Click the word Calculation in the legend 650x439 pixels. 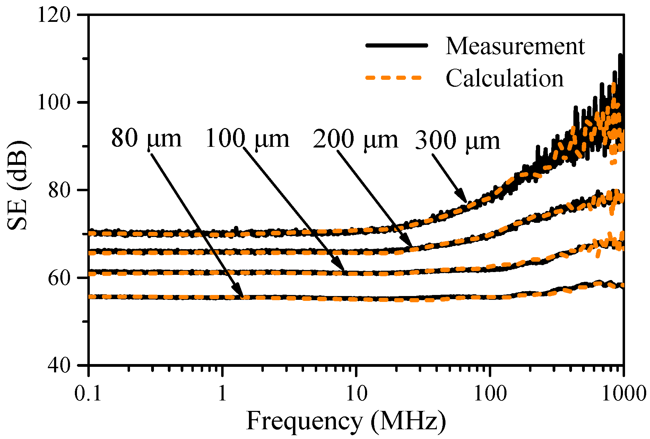(504, 78)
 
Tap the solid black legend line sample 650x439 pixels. (397, 45)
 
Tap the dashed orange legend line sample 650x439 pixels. (394, 77)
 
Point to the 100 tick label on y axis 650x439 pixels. (54, 102)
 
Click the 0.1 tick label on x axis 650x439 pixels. (89, 394)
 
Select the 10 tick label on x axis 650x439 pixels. (355, 394)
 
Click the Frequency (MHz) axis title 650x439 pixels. (346, 422)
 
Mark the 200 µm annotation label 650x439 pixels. (355, 140)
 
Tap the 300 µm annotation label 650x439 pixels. (458, 141)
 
